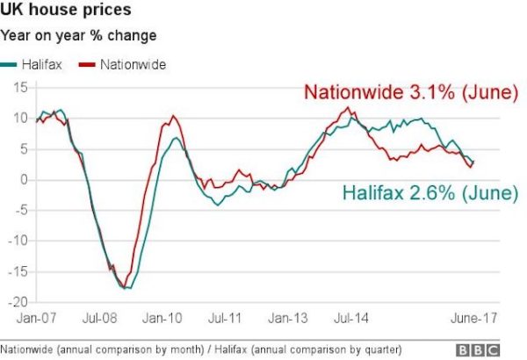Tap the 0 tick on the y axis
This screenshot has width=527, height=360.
pos(23,180)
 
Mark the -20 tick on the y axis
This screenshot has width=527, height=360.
pos(18,301)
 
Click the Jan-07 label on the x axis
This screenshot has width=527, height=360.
pos(36,316)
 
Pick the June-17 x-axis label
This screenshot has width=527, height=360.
pos(476,316)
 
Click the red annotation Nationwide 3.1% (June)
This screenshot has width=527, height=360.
pos(410,93)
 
